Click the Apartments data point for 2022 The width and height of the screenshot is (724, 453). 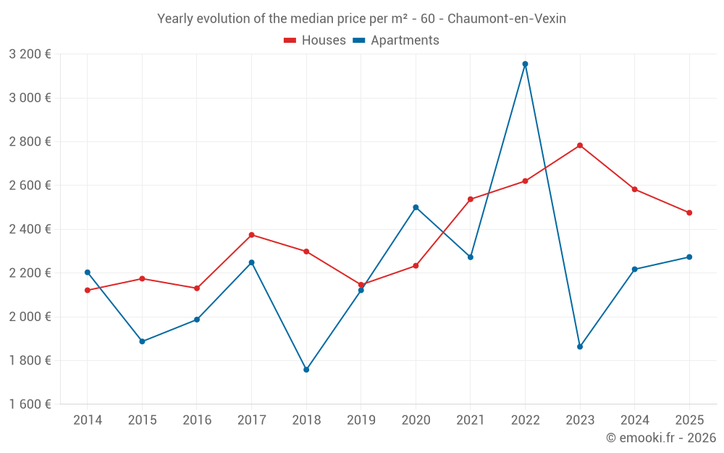click(x=525, y=64)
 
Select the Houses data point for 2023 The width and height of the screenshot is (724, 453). click(x=580, y=145)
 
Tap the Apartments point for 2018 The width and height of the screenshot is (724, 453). click(x=306, y=370)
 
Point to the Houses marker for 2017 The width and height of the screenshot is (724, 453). click(x=251, y=235)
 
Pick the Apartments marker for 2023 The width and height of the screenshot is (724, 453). click(x=580, y=346)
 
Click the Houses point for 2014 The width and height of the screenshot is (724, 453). click(x=87, y=290)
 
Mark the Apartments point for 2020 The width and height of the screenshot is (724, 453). click(x=416, y=207)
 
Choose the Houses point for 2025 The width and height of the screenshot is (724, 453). click(x=689, y=213)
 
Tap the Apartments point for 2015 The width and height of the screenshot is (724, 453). click(x=142, y=341)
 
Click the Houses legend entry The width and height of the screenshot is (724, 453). click(x=315, y=41)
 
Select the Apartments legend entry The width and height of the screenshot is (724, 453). click(x=396, y=41)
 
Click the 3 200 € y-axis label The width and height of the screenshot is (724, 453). click(x=30, y=54)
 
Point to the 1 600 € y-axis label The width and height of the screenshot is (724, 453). click(x=30, y=404)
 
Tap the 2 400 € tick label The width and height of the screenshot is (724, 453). click(x=30, y=229)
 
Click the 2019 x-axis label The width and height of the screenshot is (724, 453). click(x=361, y=420)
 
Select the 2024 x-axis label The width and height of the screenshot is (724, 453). click(x=634, y=420)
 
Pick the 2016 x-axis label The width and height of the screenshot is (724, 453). click(x=197, y=420)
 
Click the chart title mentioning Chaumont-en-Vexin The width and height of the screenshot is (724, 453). click(x=361, y=19)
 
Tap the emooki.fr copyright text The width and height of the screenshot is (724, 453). click(x=660, y=438)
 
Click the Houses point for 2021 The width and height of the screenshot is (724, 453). click(x=471, y=199)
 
